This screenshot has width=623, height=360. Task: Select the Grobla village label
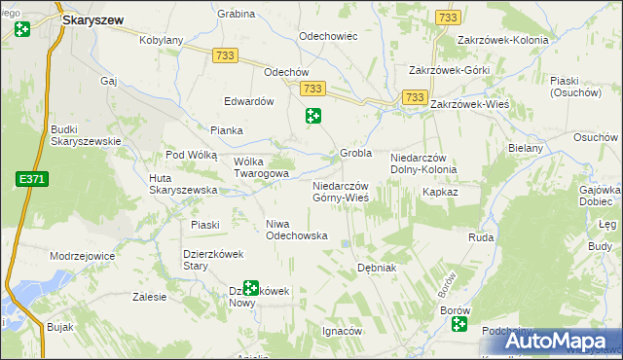356,153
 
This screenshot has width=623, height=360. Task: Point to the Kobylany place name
162,41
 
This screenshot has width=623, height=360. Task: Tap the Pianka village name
227,129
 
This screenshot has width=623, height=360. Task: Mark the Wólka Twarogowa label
261,167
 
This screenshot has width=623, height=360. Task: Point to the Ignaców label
342,331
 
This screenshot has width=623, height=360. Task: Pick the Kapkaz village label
440,193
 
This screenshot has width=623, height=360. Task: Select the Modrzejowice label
82,256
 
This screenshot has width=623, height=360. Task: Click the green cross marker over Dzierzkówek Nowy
251,288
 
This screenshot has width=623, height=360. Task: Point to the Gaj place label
108,81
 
